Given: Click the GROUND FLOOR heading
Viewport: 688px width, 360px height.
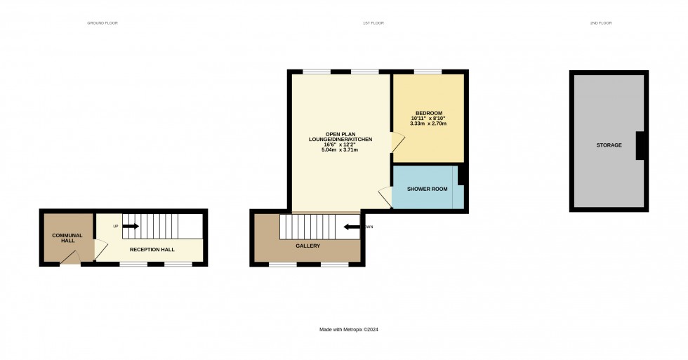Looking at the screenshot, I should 102,23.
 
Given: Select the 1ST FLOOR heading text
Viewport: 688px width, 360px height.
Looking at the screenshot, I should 373,23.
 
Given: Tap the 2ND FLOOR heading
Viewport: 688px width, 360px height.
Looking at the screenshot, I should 601,23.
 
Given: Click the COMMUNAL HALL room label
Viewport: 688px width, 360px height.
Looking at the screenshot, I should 67,238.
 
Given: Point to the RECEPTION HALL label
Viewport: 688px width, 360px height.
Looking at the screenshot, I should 152,249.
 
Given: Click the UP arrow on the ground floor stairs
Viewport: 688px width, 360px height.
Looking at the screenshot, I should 130,226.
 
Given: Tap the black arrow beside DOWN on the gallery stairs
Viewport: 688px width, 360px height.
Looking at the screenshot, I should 352,227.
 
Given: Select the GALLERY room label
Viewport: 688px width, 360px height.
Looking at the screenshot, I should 307,246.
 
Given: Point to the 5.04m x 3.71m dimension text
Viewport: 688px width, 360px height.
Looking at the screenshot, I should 340,150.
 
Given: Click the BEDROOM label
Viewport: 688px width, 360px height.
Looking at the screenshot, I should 428,114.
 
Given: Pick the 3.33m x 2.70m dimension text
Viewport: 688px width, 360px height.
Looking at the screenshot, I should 428,124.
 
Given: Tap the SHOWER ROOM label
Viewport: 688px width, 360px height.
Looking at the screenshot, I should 427,189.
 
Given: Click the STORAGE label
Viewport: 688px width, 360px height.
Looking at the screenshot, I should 609,145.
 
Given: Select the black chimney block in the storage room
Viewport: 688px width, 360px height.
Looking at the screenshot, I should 640,145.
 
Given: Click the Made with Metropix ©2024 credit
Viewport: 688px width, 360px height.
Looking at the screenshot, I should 348,329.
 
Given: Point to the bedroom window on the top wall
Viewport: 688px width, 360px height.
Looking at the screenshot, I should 428,71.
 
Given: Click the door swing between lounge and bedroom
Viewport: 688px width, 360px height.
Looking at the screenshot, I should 397,142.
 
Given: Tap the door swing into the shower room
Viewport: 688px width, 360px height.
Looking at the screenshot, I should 385,196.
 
